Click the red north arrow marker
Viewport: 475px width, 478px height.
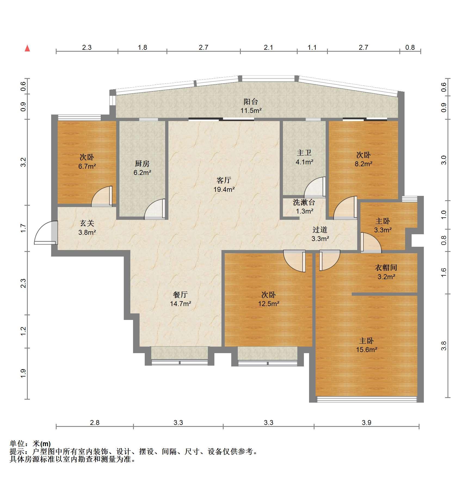27,48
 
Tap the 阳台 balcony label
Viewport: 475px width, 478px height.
251,102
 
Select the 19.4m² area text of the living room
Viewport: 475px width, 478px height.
224,189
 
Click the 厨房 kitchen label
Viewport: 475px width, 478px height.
142,164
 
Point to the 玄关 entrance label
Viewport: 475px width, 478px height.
87,223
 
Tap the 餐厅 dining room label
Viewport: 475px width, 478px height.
180,295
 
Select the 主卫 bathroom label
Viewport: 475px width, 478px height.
304,153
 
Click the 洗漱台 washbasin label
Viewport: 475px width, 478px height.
304,202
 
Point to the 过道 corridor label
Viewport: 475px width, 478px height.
320,230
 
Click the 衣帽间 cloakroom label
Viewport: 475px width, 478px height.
386,268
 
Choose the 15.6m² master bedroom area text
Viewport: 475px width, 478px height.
366,350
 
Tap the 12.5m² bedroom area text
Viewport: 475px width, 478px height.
269,304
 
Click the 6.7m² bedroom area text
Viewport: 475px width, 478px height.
87,166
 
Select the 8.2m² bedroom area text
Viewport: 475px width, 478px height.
363,164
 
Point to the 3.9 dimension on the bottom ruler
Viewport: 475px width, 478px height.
366,423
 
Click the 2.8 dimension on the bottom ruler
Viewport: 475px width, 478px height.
95,423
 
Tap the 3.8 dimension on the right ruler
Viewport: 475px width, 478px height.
444,346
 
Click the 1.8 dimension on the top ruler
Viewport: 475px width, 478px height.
142,48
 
